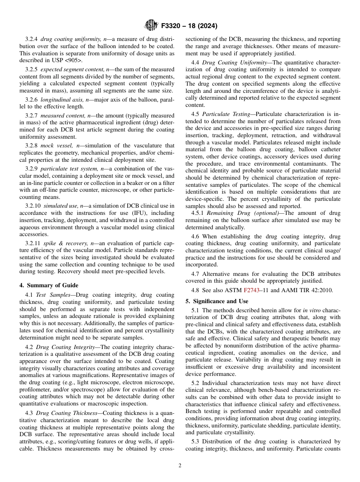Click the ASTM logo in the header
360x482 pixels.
click(x=150, y=26)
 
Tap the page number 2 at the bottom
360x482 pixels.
click(x=180, y=466)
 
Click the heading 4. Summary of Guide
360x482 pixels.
click(x=49, y=285)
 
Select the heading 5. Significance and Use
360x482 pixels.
click(x=217, y=301)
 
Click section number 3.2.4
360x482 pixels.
click(x=32, y=39)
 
